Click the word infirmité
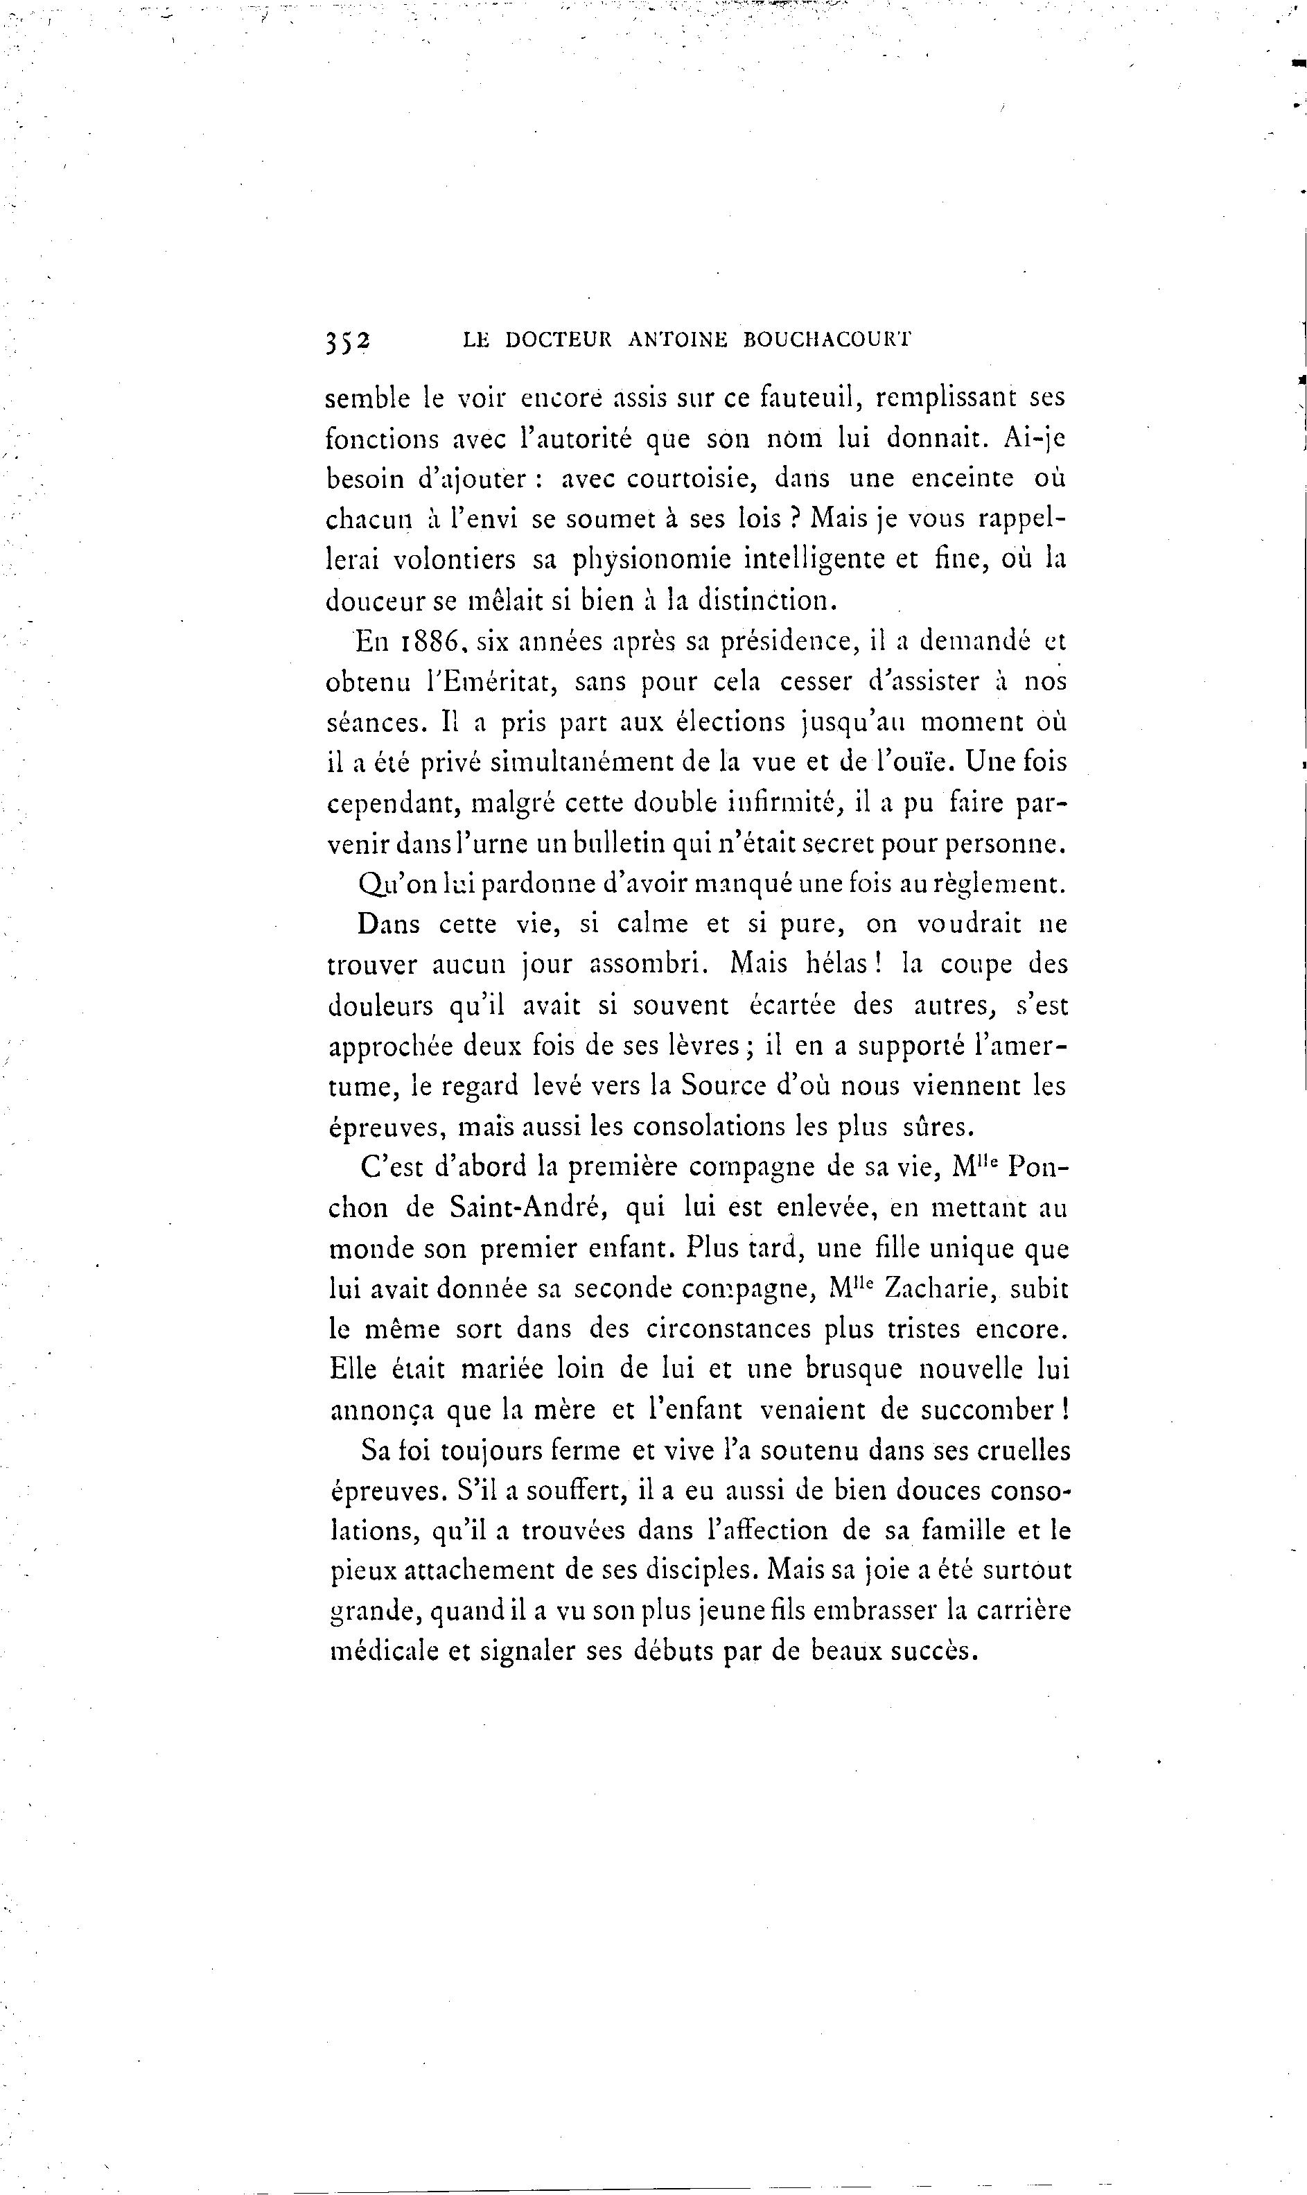pyautogui.click(x=778, y=803)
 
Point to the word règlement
pyautogui.click(x=1004, y=884)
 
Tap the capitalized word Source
pyautogui.click(x=721, y=1085)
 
